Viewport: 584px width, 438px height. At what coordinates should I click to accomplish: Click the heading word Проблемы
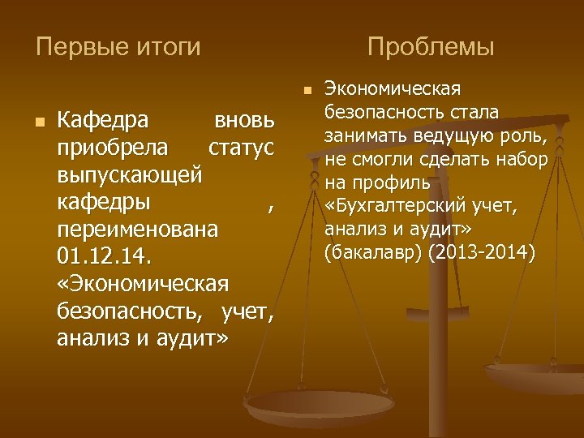[x=430, y=47]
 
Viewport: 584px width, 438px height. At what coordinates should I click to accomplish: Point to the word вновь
[x=246, y=122]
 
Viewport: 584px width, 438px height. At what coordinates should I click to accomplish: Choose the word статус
[x=242, y=148]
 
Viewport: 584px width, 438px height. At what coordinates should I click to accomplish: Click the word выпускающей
[x=129, y=175]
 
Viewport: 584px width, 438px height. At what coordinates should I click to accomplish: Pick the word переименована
[x=138, y=230]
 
